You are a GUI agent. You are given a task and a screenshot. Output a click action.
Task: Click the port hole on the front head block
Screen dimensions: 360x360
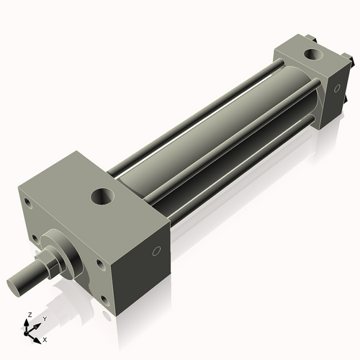coord(102,197)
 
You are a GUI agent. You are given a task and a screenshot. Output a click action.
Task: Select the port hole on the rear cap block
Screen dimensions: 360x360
coord(314,55)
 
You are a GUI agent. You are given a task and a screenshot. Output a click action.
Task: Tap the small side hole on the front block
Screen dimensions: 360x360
coord(156,251)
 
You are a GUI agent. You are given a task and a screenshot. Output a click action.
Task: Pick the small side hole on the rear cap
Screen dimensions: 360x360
coord(337,88)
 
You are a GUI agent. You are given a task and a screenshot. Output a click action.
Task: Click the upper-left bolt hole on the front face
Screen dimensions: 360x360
coord(29,203)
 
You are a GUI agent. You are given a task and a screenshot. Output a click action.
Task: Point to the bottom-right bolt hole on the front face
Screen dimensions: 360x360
coord(105,300)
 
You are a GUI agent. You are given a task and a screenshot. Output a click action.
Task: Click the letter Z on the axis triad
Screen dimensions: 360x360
coord(30,315)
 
